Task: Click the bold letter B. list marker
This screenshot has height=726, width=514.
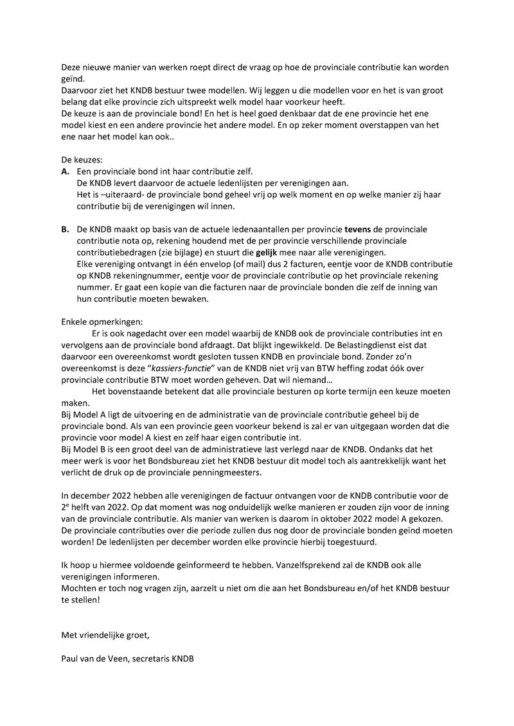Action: point(65,229)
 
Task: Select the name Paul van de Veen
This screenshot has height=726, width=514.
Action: point(94,659)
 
